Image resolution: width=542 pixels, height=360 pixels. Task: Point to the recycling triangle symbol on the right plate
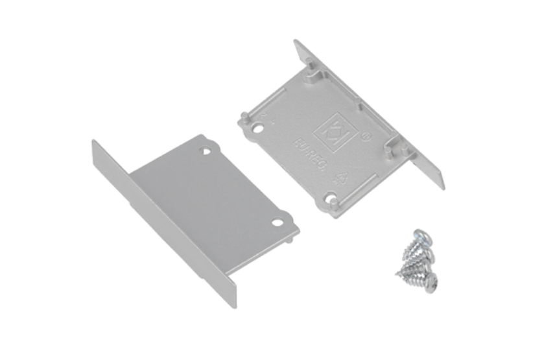pos(341,176)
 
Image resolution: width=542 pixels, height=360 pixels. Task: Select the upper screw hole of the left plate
pos(207,152)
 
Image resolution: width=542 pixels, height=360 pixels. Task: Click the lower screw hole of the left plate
pos(277,222)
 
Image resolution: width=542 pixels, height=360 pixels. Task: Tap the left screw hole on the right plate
pos(259,126)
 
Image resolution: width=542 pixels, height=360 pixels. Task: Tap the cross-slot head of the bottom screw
pos(431,283)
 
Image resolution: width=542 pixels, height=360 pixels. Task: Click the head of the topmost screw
pos(421,235)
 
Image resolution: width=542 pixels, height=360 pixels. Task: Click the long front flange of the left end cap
pos(162,221)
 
